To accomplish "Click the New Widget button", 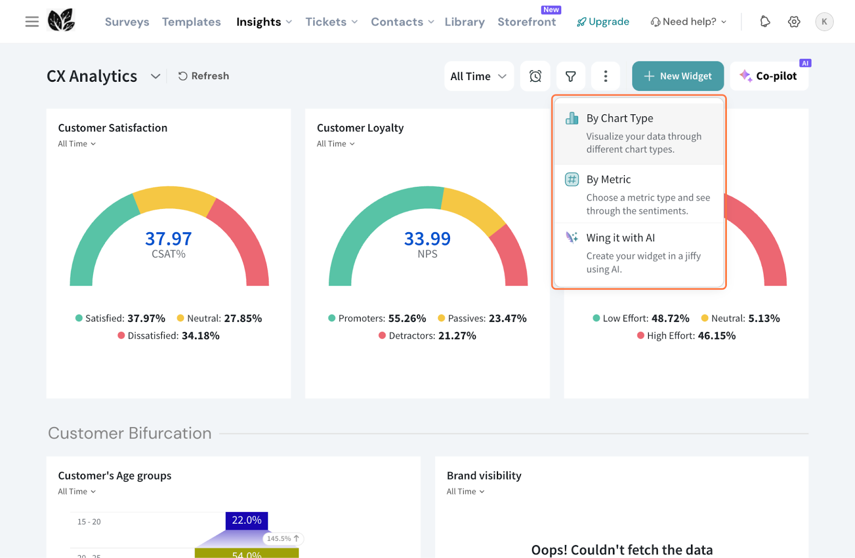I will (678, 76).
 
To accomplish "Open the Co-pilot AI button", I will (769, 76).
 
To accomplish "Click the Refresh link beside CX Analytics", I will (204, 76).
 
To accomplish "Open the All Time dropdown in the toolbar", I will (478, 76).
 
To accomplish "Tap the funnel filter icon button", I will (571, 76).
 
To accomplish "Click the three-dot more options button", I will (605, 76).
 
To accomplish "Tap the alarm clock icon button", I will (535, 76).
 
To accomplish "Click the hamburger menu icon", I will (32, 22).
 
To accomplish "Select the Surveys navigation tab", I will (127, 22).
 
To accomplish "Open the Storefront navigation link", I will (526, 22).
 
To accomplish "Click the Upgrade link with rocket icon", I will (603, 22).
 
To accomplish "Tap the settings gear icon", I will (794, 22).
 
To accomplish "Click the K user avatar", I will (824, 22).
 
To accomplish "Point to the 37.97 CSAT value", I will (168, 239).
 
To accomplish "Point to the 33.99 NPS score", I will (427, 239).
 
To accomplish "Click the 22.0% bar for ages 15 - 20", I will (246, 521).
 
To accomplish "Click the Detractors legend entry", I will (427, 336).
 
